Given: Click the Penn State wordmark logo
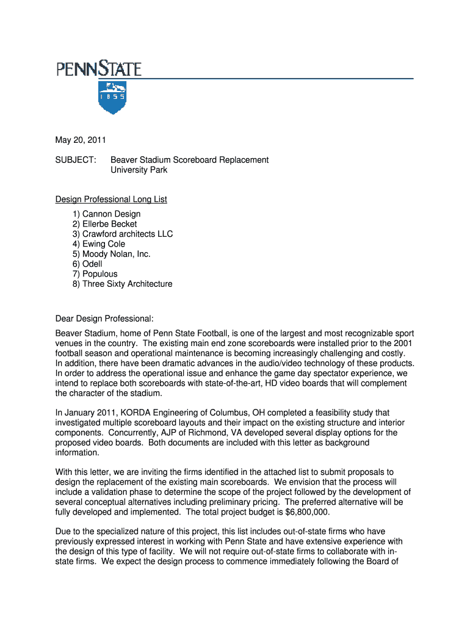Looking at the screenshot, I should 99,68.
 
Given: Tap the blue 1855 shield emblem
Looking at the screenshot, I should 112,97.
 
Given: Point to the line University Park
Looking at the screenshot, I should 139,170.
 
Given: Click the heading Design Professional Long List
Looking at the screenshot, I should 111,200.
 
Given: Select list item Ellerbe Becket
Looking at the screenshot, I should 104,224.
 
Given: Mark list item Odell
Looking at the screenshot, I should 87,264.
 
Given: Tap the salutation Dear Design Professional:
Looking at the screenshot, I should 105,319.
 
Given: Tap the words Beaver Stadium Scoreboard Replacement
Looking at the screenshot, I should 189,160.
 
